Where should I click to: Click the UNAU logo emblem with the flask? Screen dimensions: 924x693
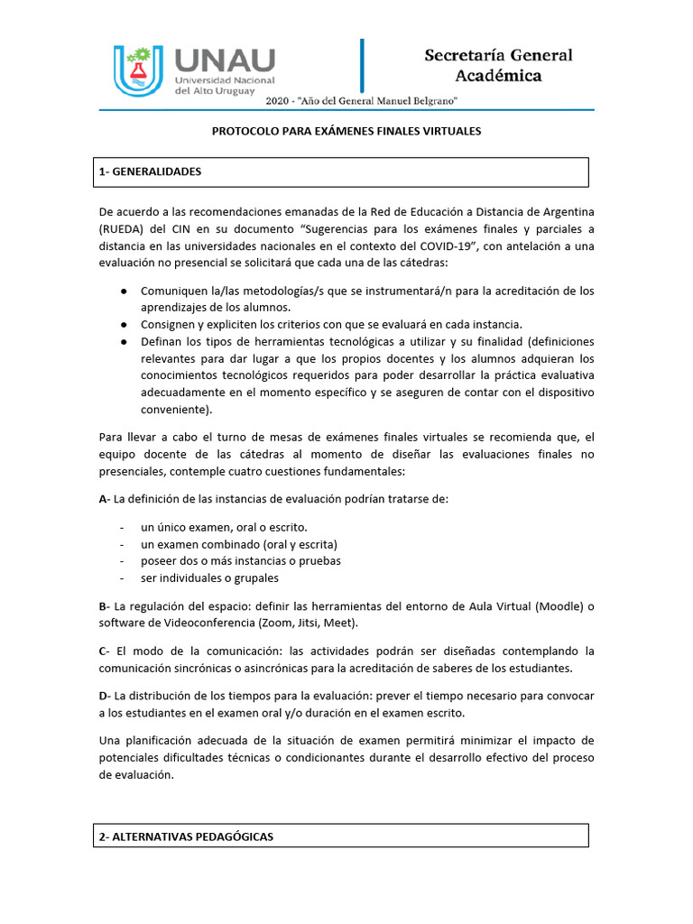click(137, 70)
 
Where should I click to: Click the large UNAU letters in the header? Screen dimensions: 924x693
click(224, 60)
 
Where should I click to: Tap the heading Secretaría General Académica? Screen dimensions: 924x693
click(498, 65)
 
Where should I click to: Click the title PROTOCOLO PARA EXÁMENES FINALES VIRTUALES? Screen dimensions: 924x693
click(346, 131)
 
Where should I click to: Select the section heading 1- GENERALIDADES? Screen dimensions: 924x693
click(151, 171)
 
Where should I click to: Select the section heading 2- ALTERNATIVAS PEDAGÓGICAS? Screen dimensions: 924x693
click(186, 836)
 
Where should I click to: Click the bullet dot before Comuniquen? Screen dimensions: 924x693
click(123, 291)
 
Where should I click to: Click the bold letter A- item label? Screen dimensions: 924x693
click(104, 499)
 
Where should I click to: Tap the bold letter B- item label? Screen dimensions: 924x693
click(104, 605)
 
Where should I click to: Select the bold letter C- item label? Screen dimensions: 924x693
click(104, 651)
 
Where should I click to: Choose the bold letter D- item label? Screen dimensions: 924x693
click(104, 696)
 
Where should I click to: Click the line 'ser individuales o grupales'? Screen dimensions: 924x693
click(209, 577)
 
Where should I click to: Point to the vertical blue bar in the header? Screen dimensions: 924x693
click(362, 69)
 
